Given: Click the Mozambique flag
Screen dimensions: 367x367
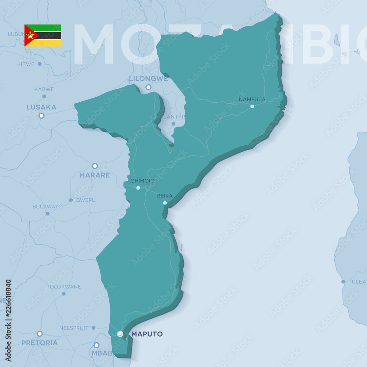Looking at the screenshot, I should (x=43, y=36).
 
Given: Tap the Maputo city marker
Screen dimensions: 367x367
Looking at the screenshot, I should (x=120, y=334).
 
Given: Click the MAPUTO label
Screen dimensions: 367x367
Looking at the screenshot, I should (x=147, y=334).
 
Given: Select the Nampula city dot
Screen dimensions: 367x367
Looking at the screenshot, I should (x=252, y=106).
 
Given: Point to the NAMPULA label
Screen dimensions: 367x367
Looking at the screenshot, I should (x=252, y=99).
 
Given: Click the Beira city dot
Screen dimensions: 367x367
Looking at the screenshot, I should (x=165, y=203).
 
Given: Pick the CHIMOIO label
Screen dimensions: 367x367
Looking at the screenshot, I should (x=142, y=181).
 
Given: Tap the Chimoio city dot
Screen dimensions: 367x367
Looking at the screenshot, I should (x=138, y=188).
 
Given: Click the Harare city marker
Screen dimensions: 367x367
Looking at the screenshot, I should (x=95, y=166).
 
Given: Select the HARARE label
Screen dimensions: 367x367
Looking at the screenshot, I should (x=95, y=175).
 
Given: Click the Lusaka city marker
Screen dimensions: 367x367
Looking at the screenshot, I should (x=41, y=116).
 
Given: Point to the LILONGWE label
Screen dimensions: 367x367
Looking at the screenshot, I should (x=148, y=79).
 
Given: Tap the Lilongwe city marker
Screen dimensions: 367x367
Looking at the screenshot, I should (x=148, y=87).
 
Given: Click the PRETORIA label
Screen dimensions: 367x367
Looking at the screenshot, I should (x=40, y=343).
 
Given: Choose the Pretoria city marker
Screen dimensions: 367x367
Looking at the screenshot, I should (x=40, y=334).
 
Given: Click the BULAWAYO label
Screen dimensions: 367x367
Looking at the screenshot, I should (x=47, y=207).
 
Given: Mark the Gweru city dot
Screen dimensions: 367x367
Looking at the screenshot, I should (x=71, y=200).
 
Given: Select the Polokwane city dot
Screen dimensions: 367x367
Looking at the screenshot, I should (x=63, y=294).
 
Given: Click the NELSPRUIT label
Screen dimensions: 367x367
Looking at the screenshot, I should (x=74, y=328).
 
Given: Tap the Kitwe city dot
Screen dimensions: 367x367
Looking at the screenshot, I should (x=40, y=64).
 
